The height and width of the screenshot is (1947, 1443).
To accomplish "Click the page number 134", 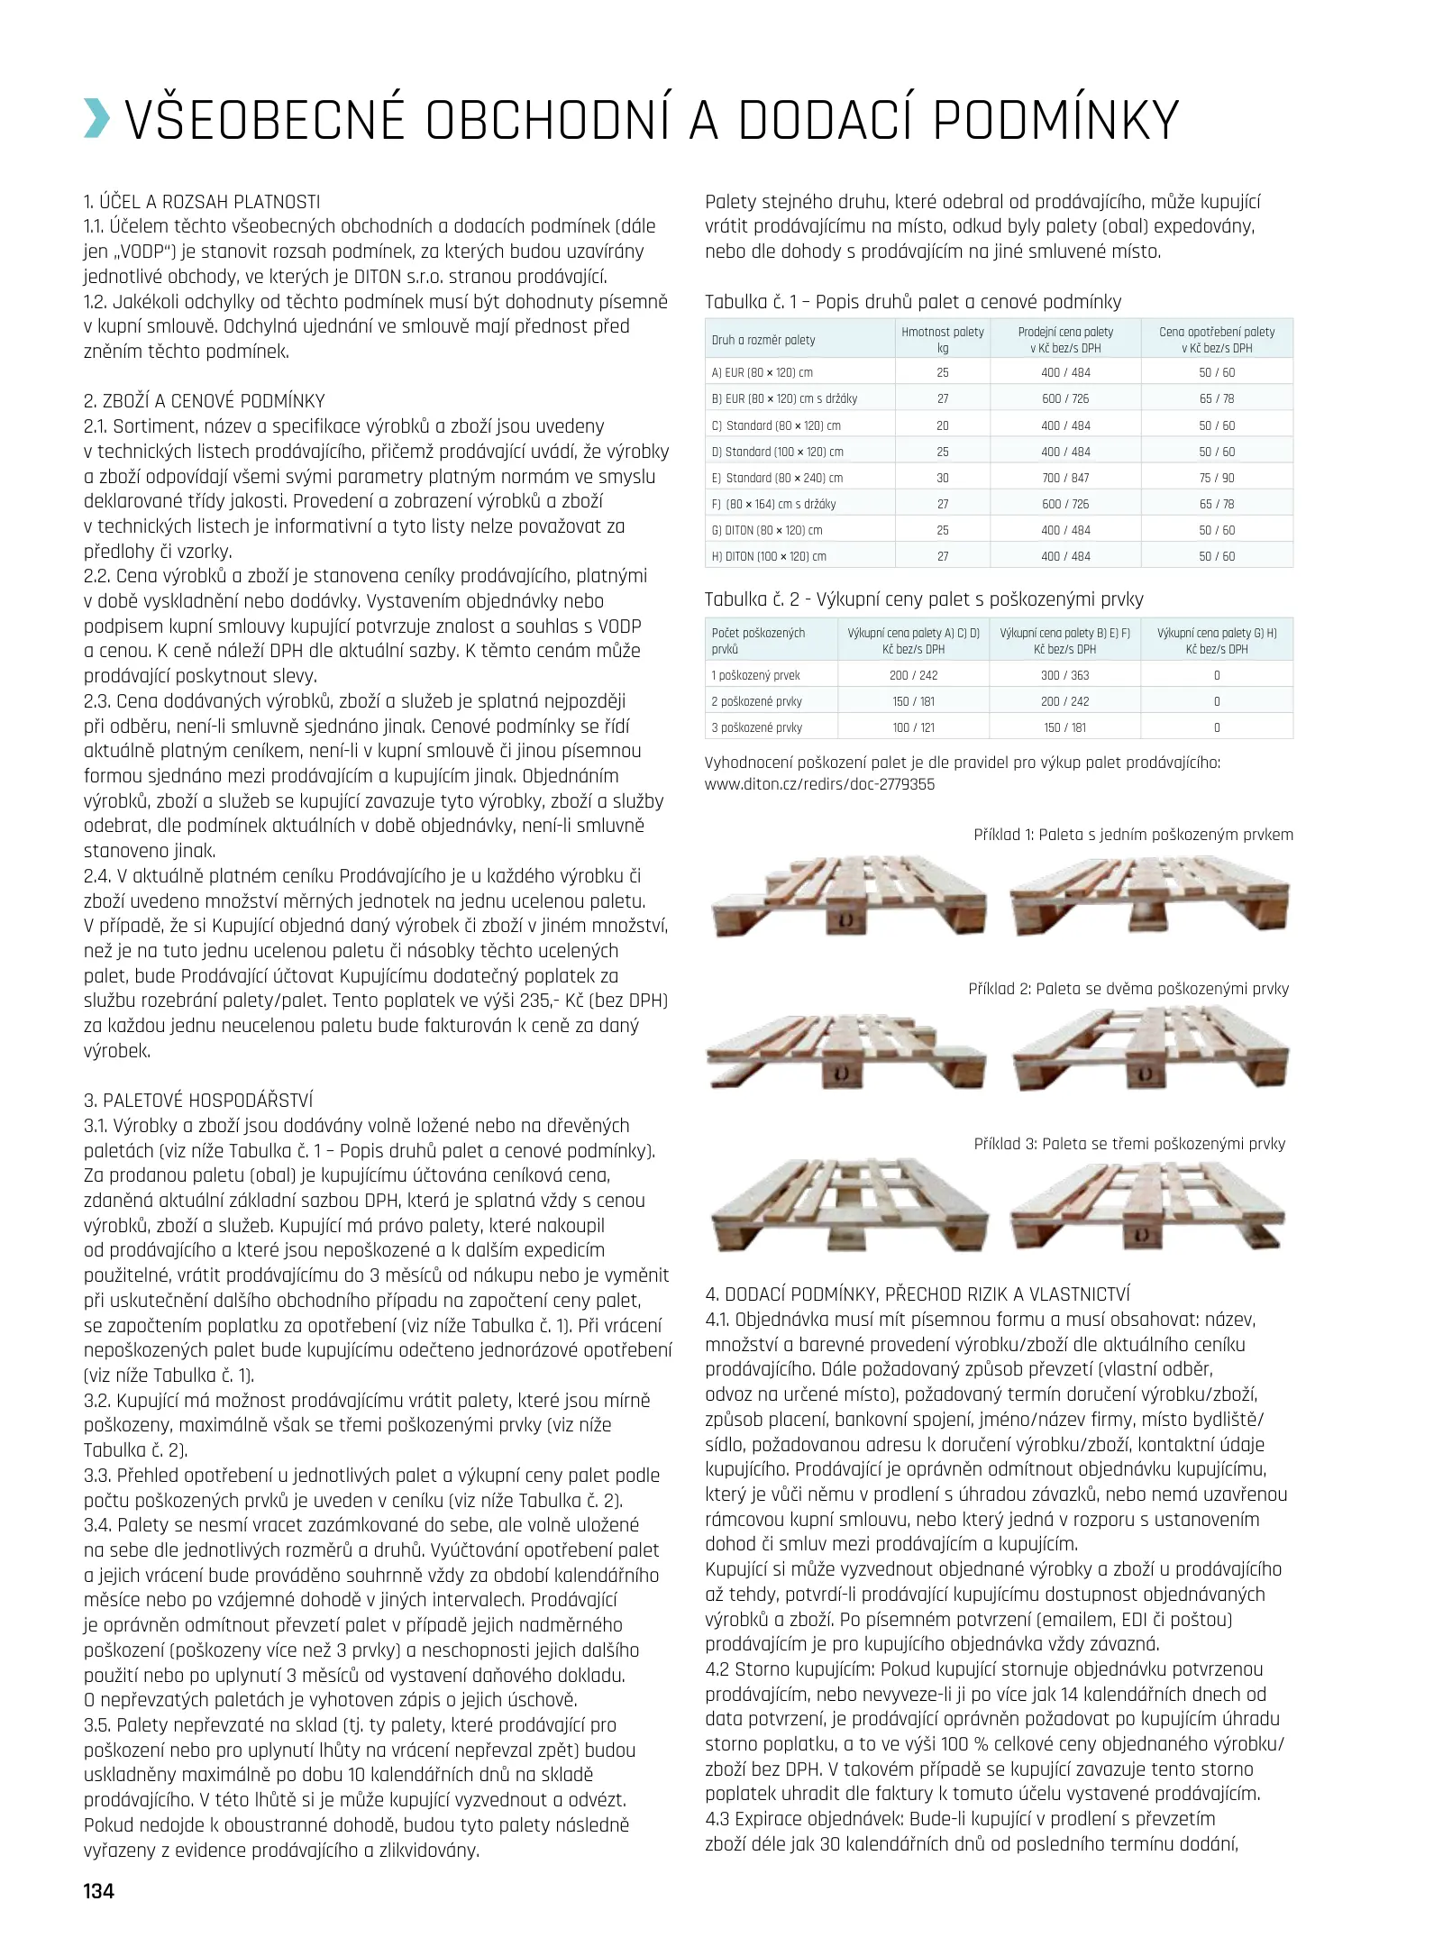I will click(x=99, y=1890).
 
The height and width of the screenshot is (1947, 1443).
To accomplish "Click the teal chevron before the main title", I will click(x=96, y=120).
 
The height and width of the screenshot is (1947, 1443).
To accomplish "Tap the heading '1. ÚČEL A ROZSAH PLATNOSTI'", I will click(x=202, y=202).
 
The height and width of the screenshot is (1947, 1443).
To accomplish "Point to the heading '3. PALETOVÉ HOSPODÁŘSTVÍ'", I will click(x=198, y=1100).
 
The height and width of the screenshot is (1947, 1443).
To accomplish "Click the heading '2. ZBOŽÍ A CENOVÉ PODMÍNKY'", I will click(x=204, y=401).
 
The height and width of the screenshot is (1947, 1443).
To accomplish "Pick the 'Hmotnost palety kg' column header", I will click(x=942, y=340).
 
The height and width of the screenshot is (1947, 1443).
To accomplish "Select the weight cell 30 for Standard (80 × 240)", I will click(x=942, y=478).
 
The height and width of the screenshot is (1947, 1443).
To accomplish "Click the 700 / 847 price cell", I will click(x=1065, y=478).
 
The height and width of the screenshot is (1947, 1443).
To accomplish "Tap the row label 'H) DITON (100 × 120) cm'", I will click(x=769, y=556).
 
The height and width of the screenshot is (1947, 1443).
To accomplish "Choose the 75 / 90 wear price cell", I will click(x=1217, y=478).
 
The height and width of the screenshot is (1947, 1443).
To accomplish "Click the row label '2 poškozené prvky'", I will click(x=756, y=701).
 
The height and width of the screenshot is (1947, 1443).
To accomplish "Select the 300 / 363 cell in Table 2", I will click(x=1064, y=675).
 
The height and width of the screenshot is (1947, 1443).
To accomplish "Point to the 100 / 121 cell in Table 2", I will click(x=913, y=727).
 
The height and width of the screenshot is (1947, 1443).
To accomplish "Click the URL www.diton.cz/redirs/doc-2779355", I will click(x=819, y=784).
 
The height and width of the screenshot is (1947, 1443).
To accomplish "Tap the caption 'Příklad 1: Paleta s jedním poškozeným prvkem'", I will click(x=1133, y=835).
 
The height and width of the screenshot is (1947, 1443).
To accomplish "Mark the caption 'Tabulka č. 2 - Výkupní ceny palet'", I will click(x=924, y=599).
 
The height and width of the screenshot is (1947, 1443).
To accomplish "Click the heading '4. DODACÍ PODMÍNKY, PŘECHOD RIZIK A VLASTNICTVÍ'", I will click(x=918, y=1294).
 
